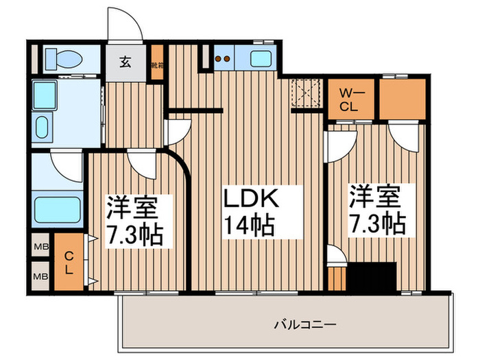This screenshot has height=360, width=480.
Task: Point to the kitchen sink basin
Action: coord(262,58)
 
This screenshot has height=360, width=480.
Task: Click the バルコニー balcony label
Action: coord(297,323)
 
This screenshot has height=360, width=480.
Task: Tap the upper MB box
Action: coord(40,245)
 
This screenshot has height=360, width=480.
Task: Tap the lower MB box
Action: coord(40,276)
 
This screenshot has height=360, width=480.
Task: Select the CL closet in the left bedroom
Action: coord(69,261)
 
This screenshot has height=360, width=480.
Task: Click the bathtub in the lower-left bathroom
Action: coord(58,208)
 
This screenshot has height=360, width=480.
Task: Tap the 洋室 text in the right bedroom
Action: coord(374,197)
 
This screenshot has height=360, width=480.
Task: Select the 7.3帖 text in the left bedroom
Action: coord(134,235)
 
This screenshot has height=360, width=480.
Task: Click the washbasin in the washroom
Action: coord(42,128)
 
